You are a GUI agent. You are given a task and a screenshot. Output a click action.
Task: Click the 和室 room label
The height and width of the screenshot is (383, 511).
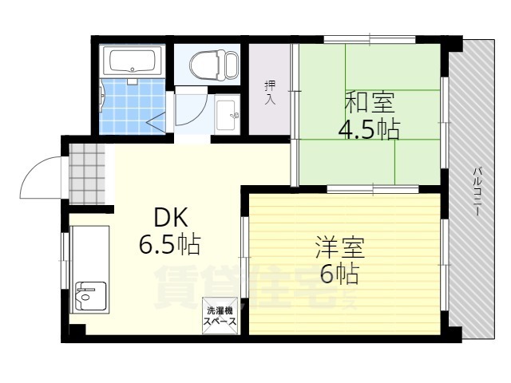pos(368,101)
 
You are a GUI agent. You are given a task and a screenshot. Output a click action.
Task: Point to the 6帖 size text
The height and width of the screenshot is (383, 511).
pos(339,274)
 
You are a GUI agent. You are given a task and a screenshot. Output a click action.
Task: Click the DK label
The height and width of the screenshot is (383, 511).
pos(170,216)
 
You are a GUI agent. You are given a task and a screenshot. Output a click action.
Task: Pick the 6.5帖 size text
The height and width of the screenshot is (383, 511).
pos(169,243)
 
